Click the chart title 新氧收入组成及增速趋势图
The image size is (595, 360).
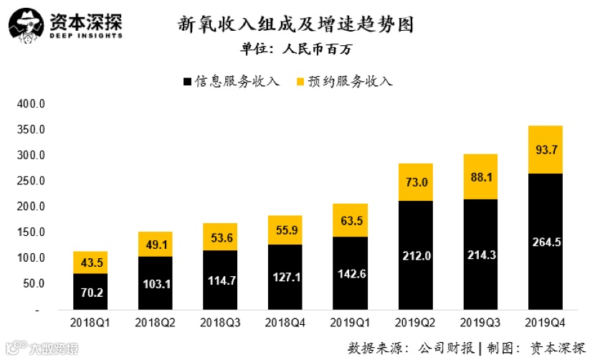tap(297, 24)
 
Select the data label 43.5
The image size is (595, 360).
tap(90, 262)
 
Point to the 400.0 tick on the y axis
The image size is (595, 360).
tap(31, 104)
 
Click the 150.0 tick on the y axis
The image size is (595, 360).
tap(31, 232)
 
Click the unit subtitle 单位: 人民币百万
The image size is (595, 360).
tap(296, 49)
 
